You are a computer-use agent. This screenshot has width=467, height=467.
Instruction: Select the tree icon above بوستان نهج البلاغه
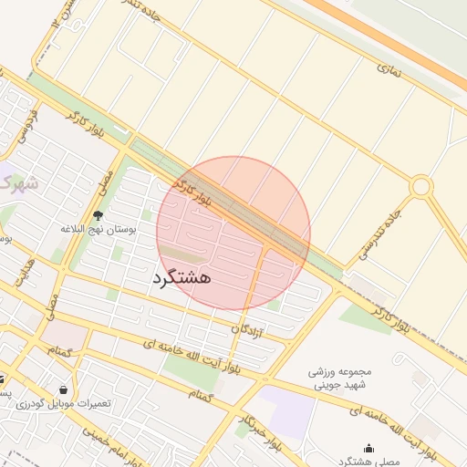(x=98, y=216)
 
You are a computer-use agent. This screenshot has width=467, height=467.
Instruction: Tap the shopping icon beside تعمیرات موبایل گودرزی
(x=62, y=389)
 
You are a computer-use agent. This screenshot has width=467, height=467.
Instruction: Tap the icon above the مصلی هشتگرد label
(x=368, y=449)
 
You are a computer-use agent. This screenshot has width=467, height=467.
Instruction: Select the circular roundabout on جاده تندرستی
(x=420, y=187)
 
